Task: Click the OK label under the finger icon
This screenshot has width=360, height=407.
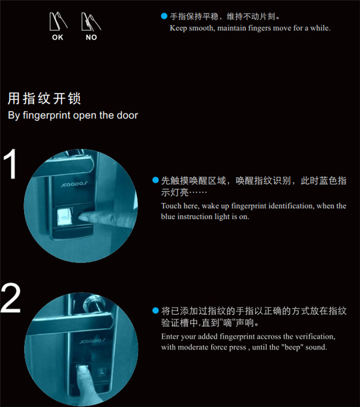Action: [x=58, y=37]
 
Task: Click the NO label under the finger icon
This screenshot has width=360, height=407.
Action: [x=91, y=37]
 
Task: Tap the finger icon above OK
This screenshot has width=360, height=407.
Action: [x=58, y=22]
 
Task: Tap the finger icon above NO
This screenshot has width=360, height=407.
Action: [x=91, y=22]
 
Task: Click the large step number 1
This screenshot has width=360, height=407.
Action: [x=10, y=164]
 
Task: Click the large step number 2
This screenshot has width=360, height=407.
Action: [x=10, y=299]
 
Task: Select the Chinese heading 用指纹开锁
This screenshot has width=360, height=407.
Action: [x=44, y=99]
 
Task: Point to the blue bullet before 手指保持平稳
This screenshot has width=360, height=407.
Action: [x=164, y=16]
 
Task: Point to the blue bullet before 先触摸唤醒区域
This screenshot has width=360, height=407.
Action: [x=155, y=180]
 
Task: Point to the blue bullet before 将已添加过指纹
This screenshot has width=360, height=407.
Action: [x=155, y=310]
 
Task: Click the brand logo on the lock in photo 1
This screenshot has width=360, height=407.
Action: [x=74, y=184]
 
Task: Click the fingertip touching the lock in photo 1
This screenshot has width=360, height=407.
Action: [x=83, y=217]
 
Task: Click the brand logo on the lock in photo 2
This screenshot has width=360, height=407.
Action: [x=92, y=340]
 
